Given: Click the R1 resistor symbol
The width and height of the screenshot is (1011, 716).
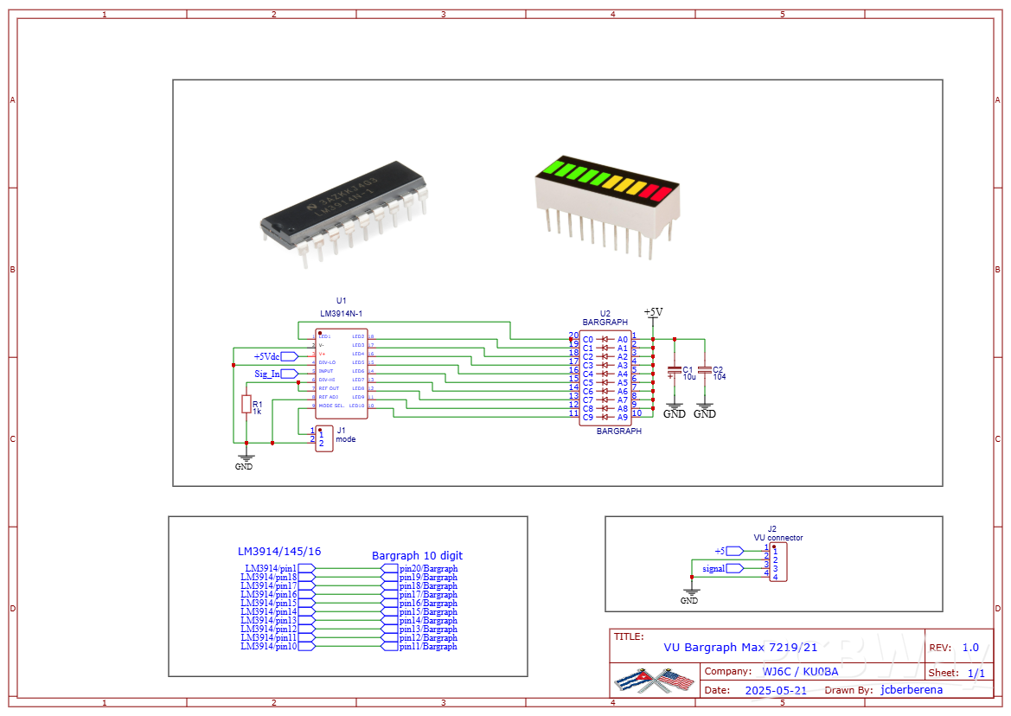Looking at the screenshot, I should pos(246,405).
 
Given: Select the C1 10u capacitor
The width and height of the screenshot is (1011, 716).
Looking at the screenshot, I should pos(675,372).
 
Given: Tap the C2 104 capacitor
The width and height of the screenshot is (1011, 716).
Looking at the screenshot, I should pos(705,371).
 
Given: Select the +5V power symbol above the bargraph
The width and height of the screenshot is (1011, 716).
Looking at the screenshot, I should pos(653,312).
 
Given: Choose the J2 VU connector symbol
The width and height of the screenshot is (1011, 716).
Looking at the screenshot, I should pos(778,563).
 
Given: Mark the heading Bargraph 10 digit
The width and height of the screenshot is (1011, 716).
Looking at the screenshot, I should pos(417,555).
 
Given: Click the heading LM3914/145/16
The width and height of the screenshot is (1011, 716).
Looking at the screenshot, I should pos(278,551).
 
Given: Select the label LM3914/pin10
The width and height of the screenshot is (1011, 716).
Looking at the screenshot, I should pos(269,647).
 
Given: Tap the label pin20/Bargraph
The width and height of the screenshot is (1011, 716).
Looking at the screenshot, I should pos(428,568).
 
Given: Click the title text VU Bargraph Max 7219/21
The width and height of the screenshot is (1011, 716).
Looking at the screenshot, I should pos(739,647).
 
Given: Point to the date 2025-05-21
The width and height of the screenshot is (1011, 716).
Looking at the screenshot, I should pos(775,690).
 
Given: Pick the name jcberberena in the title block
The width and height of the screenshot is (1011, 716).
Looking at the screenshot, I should pos(911,690).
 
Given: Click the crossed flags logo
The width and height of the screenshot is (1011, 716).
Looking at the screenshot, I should pos(655,681).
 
